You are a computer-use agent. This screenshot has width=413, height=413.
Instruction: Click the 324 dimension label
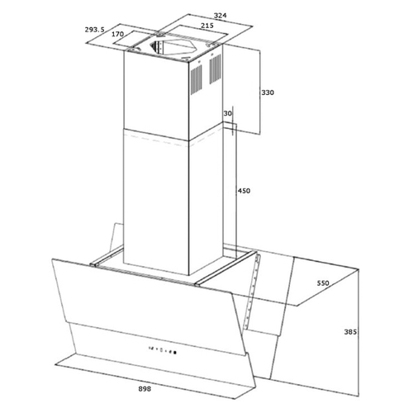(x=221, y=16)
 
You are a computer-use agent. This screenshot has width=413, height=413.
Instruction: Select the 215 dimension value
(x=207, y=26)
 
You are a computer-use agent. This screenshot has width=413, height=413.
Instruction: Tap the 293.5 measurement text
(x=94, y=30)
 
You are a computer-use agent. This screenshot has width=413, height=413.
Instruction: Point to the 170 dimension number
(x=117, y=34)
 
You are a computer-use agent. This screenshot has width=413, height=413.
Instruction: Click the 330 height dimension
(x=268, y=93)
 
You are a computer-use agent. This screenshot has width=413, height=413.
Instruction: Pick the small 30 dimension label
(x=228, y=113)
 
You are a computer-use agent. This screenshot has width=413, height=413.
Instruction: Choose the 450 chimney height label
(x=244, y=191)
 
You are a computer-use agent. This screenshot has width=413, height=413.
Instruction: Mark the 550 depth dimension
(x=323, y=282)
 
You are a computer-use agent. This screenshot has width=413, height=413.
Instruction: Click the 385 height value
(x=350, y=332)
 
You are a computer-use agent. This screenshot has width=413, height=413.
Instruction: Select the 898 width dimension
(x=145, y=389)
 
